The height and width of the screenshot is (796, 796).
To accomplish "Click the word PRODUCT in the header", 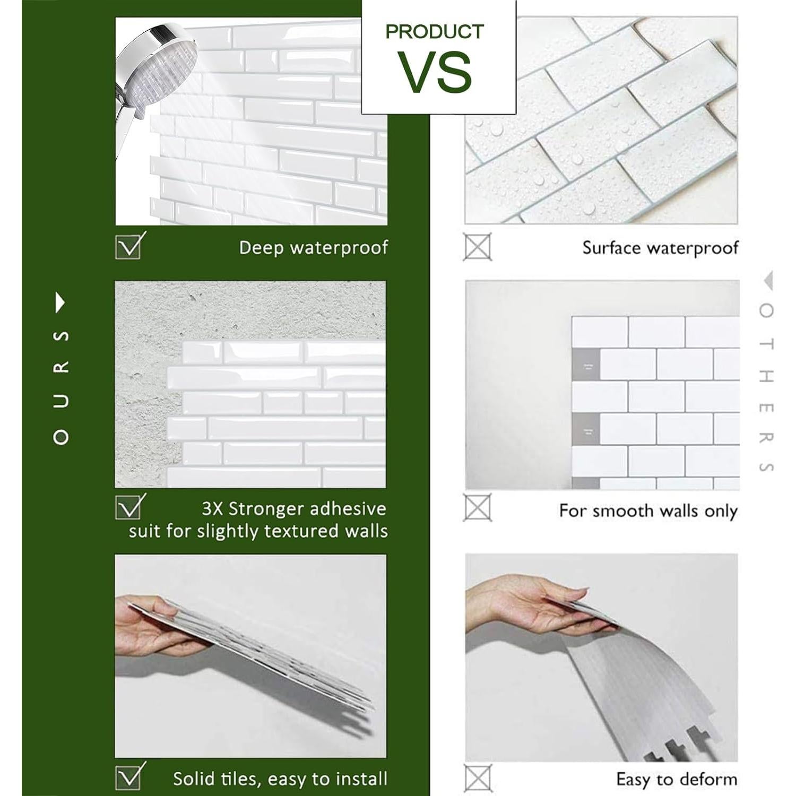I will coord(435,32).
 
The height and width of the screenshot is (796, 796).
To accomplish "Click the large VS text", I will coord(436,72).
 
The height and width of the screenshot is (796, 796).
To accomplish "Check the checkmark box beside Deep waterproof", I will coord(128,246).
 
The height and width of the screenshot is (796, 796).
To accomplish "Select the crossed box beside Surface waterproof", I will coord(478,247).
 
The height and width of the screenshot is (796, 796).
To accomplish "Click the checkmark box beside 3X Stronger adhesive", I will coord(128,507).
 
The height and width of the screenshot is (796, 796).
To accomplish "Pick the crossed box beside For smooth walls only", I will coord(478,507).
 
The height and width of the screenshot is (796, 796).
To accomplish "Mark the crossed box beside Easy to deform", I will coord(478,778).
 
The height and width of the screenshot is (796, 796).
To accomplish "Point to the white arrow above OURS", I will coord(60,303).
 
